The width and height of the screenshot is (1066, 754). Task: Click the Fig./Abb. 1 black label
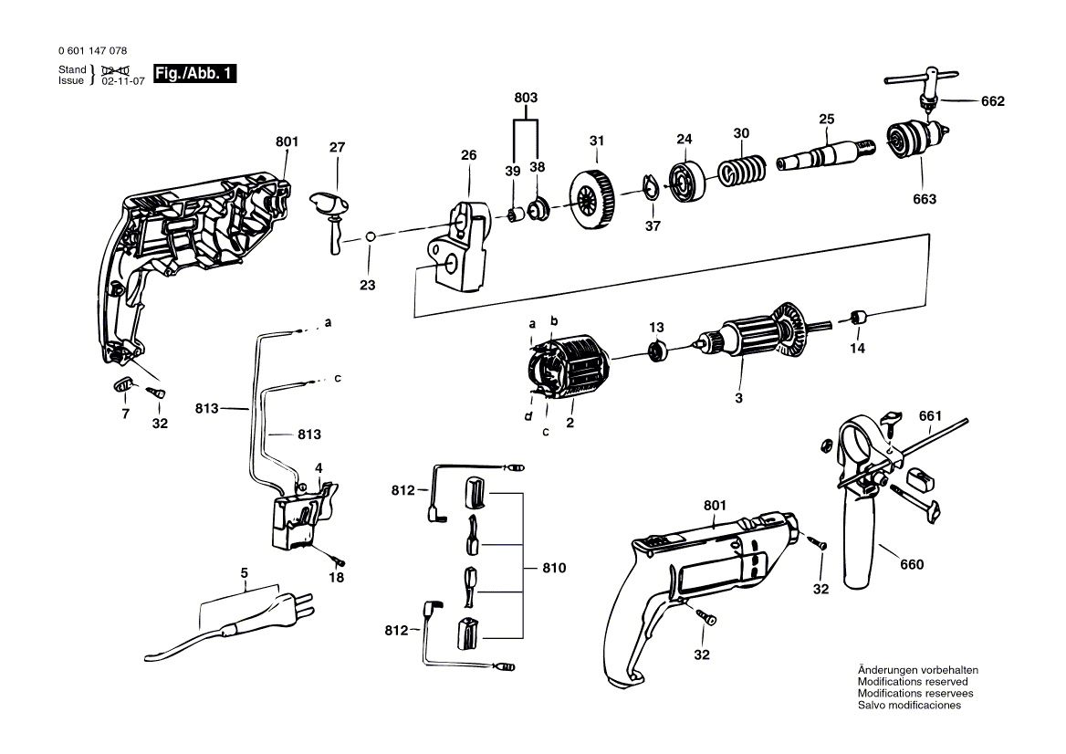[195, 73]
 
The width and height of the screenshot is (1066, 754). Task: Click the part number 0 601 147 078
[92, 51]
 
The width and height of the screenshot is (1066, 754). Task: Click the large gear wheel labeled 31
[590, 200]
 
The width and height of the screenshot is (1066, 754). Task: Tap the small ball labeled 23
[370, 236]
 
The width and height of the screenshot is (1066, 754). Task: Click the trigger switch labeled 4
[302, 513]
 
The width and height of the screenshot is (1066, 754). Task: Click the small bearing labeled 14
[860, 318]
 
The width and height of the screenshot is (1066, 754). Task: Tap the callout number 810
[554, 568]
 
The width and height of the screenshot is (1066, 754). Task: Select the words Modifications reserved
[913, 681]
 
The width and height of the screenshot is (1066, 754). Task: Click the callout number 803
[526, 98]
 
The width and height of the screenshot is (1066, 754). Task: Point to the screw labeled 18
[338, 560]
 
